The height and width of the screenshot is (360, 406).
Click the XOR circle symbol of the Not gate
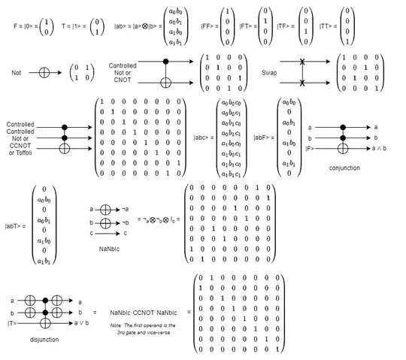44,73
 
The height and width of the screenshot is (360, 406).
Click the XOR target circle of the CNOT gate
165,82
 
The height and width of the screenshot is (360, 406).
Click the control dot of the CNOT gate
165,62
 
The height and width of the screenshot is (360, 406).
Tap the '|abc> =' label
203,138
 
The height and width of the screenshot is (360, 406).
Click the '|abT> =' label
16,225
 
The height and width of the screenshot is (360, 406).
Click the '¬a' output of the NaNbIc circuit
125,210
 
